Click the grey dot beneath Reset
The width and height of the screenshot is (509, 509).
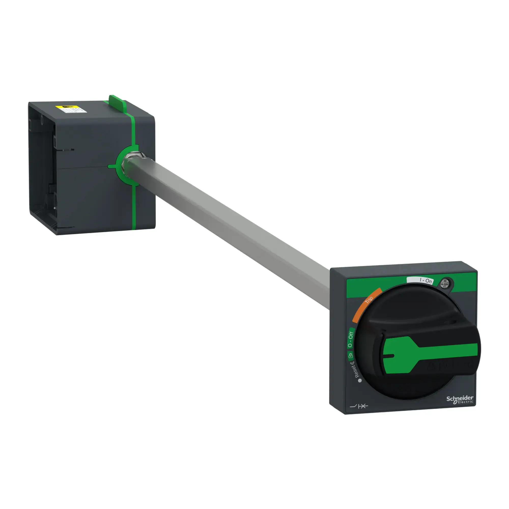tap(360, 381)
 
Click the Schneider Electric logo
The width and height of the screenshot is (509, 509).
tap(460, 399)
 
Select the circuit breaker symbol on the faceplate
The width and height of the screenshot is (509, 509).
tap(359, 406)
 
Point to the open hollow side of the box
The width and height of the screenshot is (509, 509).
tap(42, 169)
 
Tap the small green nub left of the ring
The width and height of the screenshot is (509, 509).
tap(111, 166)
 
